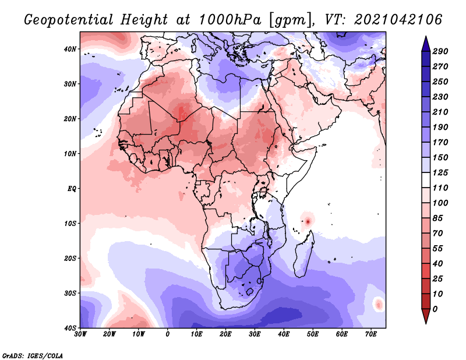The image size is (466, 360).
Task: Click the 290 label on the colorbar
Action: (440, 52)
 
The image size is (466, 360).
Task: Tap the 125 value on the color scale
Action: (440, 172)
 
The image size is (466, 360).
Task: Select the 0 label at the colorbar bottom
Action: (435, 309)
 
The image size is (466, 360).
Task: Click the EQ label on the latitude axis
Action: (72, 188)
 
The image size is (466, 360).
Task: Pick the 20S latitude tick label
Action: (70, 257)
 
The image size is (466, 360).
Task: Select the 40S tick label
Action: (70, 327)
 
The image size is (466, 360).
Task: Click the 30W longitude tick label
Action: (80, 334)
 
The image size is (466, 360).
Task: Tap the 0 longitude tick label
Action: (168, 334)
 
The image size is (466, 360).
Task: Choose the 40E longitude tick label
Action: (284, 334)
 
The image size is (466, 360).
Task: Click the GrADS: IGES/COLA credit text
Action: (33, 355)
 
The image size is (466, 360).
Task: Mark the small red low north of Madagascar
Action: (307, 221)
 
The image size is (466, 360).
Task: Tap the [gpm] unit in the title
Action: (290, 20)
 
